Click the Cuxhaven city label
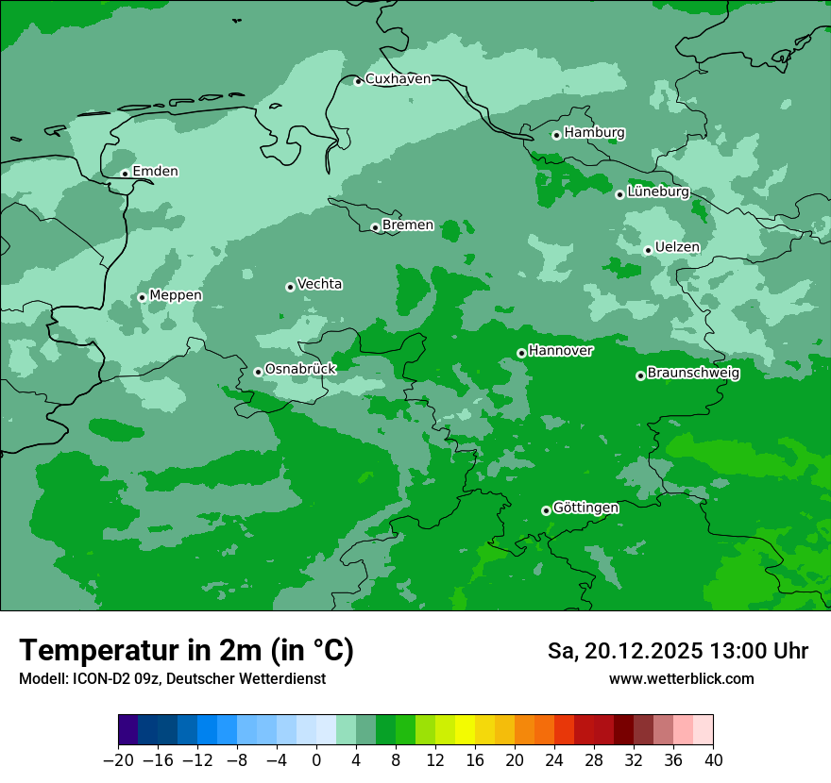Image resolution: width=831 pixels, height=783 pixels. click(398, 79)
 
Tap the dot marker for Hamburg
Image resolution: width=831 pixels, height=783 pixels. click(556, 135)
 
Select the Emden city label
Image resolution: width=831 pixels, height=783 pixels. click(155, 172)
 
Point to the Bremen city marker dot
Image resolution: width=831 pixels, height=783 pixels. click(375, 227)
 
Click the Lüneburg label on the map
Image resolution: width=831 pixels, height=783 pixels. click(658, 192)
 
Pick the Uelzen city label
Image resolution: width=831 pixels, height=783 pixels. click(677, 248)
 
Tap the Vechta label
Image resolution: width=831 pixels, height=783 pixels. click(319, 284)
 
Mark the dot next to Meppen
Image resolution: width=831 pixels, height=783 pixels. click(142, 297)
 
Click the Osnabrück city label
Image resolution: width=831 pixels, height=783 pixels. click(300, 369)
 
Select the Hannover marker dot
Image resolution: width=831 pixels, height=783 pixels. click(521, 353)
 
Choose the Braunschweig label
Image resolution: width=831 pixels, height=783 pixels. click(693, 374)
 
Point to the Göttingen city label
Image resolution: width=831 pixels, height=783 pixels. click(585, 508)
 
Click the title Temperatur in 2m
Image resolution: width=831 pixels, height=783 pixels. click(187, 651)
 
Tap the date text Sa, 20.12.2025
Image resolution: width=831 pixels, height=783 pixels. click(624, 652)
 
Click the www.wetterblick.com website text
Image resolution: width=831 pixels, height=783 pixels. click(681, 679)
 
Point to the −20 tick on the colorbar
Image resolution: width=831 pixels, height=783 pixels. click(119, 759)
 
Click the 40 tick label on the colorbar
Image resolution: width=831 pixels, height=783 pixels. click(713, 759)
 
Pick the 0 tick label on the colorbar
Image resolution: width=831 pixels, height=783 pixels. click(316, 759)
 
